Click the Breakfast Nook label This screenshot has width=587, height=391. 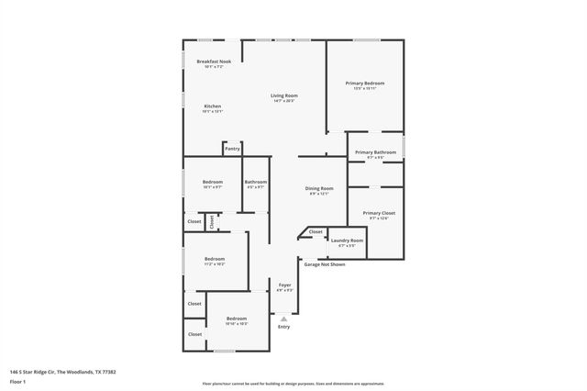pyautogui.click(x=213, y=61)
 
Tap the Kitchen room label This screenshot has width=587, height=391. pyautogui.click(x=212, y=106)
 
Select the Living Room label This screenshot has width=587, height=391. pyautogui.click(x=283, y=95)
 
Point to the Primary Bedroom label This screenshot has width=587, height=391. pyautogui.click(x=364, y=84)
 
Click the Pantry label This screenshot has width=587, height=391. pyautogui.click(x=232, y=148)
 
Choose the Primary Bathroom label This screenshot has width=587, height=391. pyautogui.click(x=375, y=152)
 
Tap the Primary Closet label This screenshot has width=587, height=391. pyautogui.click(x=378, y=213)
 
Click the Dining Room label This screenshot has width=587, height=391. pyautogui.click(x=318, y=188)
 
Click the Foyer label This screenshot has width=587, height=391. pyautogui.click(x=284, y=285)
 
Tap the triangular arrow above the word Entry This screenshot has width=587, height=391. pyautogui.click(x=283, y=318)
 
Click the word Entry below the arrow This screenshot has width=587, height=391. pyautogui.click(x=283, y=327)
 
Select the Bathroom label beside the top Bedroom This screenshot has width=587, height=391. pyautogui.click(x=256, y=182)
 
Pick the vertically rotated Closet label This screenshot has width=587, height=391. pyautogui.click(x=212, y=221)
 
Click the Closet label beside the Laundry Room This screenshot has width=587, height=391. pyautogui.click(x=316, y=231)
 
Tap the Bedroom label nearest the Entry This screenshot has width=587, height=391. pyautogui.click(x=237, y=318)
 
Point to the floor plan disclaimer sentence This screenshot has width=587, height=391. pyautogui.click(x=293, y=384)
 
